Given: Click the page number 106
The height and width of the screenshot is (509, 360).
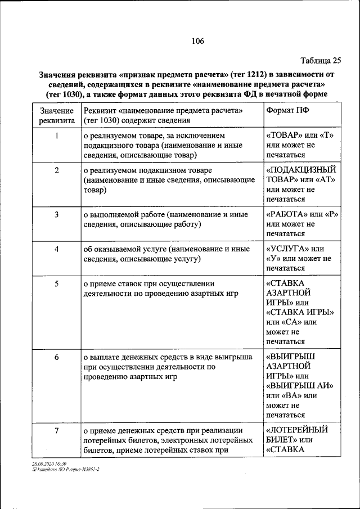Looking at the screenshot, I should tap(197, 41).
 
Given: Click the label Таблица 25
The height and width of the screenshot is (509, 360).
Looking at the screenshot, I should tap(321, 60).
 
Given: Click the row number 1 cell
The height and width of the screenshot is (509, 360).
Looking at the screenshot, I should tap(57, 136).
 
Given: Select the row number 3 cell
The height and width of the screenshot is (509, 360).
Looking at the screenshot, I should tap(57, 214).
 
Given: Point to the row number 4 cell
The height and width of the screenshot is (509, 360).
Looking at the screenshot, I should tap(57, 249).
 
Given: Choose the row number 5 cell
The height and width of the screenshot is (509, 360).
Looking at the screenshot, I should tap(57, 283).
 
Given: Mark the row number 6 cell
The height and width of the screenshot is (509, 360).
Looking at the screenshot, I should tap(57, 357).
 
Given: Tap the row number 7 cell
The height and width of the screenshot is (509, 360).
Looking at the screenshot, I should tap(57, 430).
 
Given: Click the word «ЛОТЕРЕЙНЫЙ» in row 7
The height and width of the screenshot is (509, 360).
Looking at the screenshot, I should tap(296, 430).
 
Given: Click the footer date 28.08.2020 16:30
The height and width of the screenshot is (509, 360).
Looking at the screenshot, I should tap(49, 462).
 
